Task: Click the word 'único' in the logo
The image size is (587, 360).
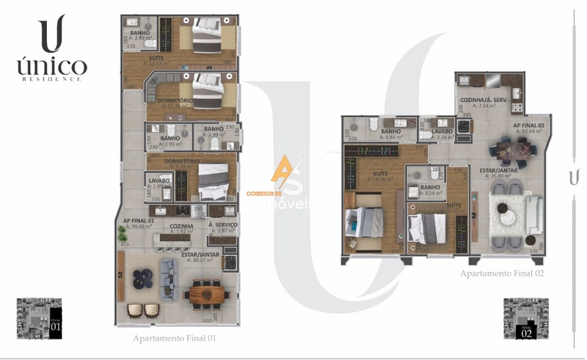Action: click(51, 67)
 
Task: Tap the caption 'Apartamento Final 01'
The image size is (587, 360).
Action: click(174, 339)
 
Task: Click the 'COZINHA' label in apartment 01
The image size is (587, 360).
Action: click(181, 227)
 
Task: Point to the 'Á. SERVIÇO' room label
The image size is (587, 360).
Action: click(221, 225)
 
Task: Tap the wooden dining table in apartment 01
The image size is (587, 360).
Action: click(205, 295)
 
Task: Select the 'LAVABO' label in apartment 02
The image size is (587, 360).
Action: click(442, 130)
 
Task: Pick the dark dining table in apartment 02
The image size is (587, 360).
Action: click(512, 150)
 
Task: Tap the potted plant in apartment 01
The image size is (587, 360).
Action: click(120, 235)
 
